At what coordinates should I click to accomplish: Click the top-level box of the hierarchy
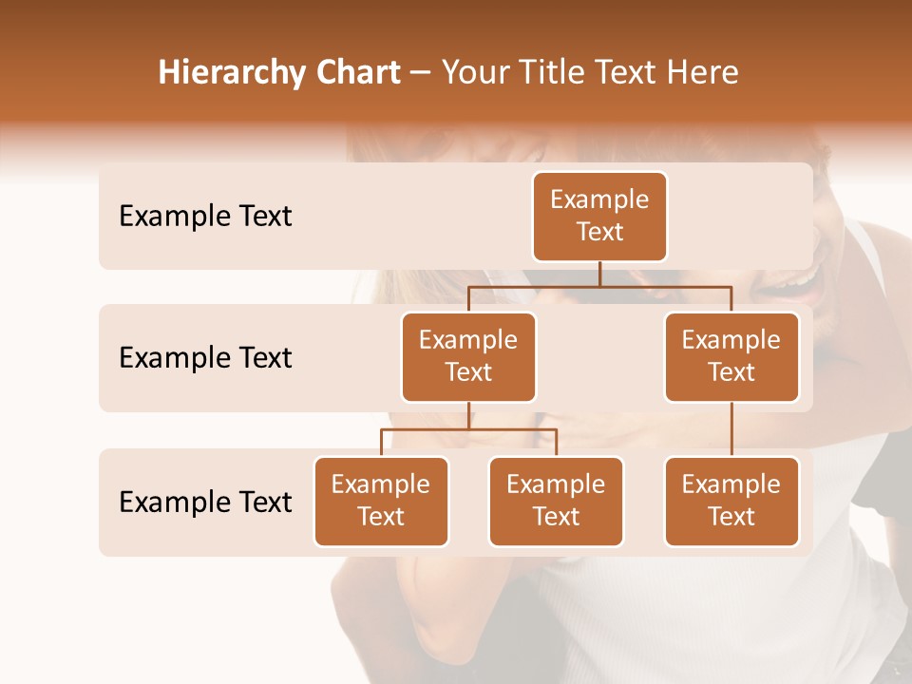point(599,216)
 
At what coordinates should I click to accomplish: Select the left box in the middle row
point(468,356)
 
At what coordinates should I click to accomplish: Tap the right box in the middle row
point(731,356)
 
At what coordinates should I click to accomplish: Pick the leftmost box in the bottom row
point(381,501)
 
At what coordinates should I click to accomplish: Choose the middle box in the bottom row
point(556,501)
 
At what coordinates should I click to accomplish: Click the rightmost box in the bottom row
point(731,501)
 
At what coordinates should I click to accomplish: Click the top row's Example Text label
point(205,217)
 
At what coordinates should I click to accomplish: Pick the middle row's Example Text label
point(205,358)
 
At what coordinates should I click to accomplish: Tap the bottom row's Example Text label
point(205,503)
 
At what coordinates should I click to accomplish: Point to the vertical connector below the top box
point(599,274)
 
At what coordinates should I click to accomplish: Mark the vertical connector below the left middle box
point(468,415)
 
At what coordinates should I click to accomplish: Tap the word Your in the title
point(472,73)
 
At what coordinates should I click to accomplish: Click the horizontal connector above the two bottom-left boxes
point(468,429)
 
